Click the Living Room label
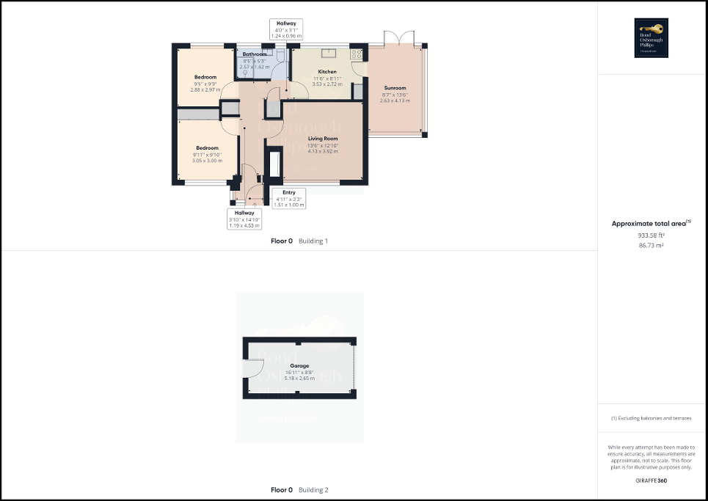coord(323,139)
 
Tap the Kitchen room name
coord(327,72)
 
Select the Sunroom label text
coord(395,88)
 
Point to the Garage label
coord(299,365)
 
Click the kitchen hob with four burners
coord(358,54)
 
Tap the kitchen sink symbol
coord(327,52)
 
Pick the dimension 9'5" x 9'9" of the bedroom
coord(205,83)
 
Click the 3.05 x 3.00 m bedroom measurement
coord(206,160)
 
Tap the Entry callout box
coord(288,199)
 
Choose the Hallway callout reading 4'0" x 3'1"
coord(285,29)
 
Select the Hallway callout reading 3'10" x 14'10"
coord(244,219)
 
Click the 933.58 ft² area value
coord(652,236)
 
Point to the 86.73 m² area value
coord(652,246)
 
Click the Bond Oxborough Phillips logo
coord(652,38)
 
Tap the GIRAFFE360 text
coord(652,480)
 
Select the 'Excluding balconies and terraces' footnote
coord(652,418)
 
